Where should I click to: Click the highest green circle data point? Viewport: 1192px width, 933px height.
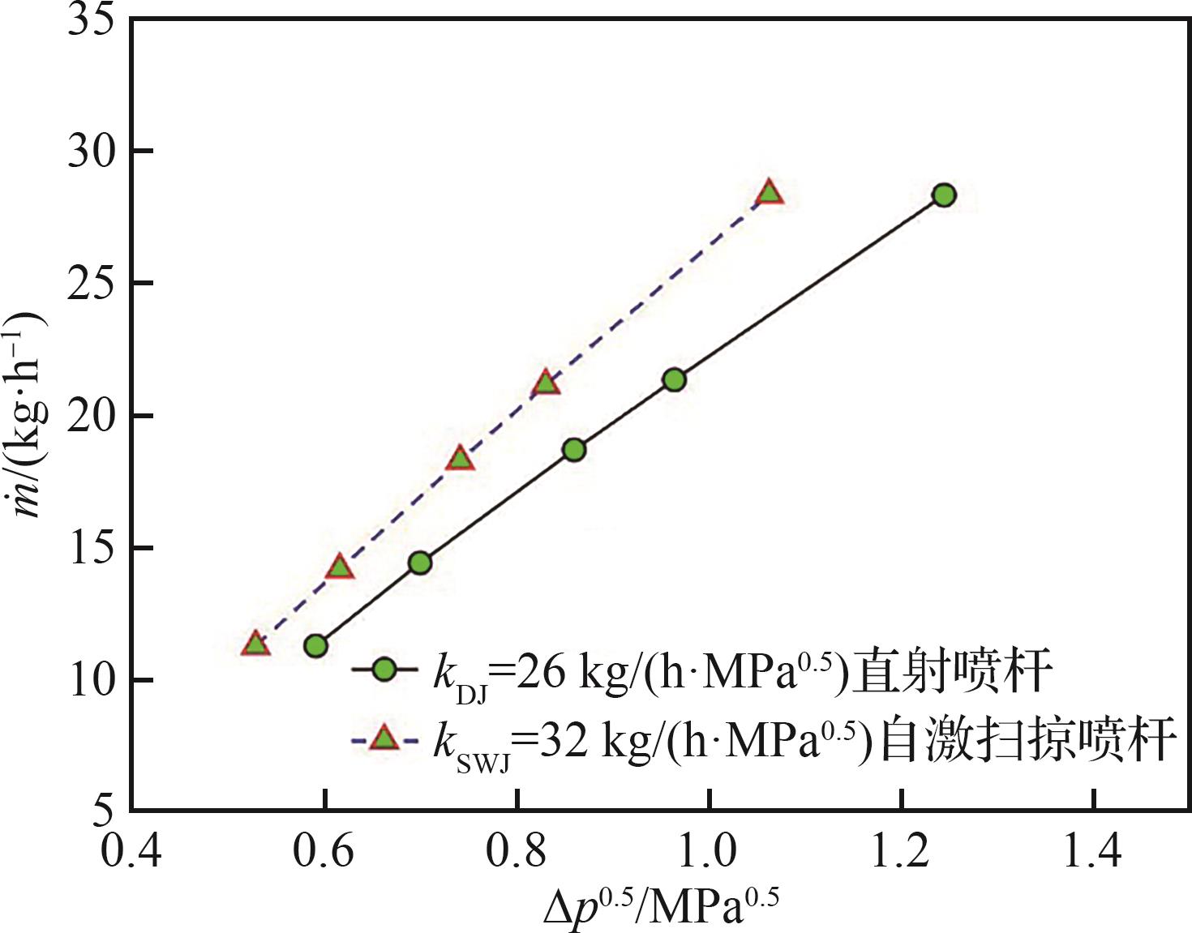tap(944, 195)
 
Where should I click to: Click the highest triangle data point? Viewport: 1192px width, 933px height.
tap(769, 193)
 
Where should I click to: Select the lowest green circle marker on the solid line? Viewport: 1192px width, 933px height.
tap(315, 645)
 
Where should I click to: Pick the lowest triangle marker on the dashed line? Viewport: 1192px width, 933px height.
tap(255, 644)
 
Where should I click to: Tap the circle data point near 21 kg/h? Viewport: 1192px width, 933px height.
tap(674, 379)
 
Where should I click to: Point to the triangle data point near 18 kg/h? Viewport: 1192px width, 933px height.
tap(461, 458)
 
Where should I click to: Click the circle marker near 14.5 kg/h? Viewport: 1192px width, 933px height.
tap(419, 563)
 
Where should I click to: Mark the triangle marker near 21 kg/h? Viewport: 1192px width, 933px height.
tap(546, 382)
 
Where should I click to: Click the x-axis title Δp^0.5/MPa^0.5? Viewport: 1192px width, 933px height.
tap(661, 906)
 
